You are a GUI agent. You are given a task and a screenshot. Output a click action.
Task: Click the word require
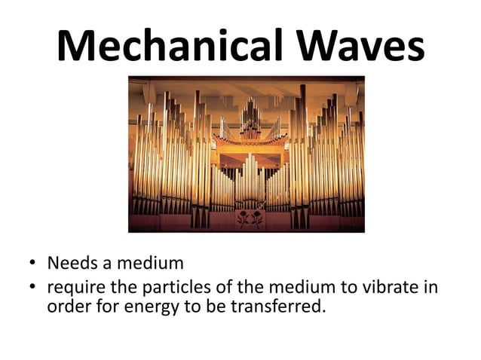coord(74,288)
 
